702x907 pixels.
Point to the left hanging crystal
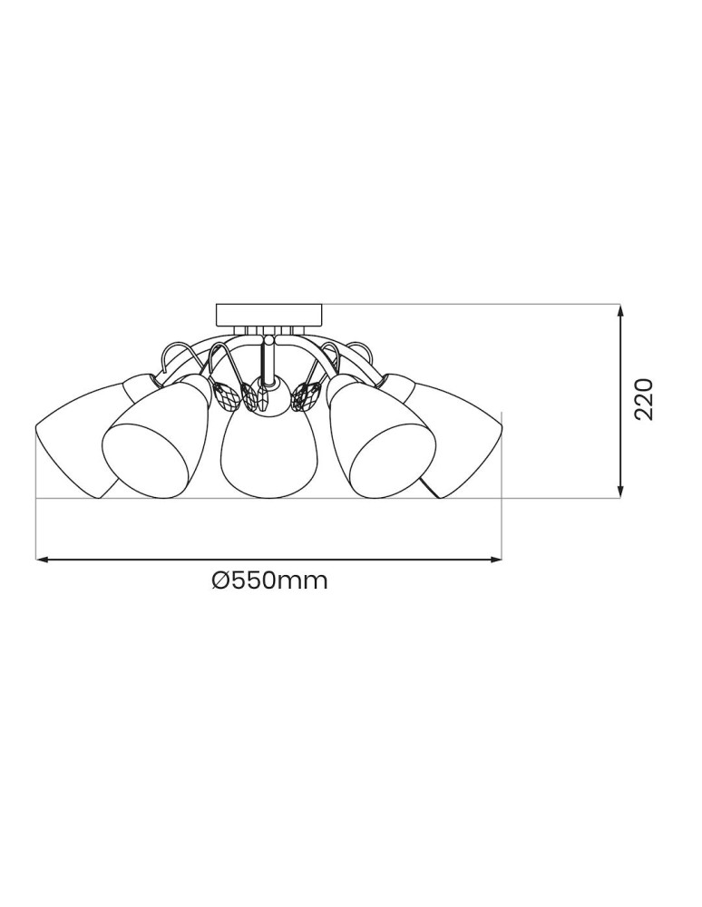coord(228,395)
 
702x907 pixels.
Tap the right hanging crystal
coord(307,395)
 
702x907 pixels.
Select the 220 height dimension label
coord(644,398)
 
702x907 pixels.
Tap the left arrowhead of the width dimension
coord(41,561)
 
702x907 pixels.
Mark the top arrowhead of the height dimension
coord(620,311)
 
